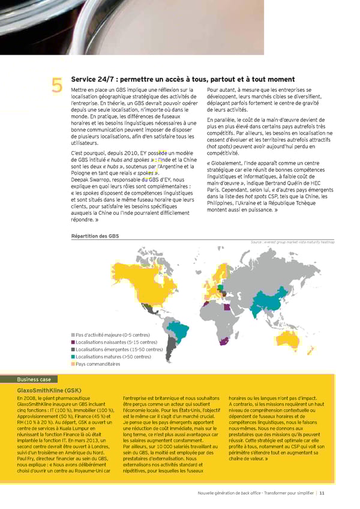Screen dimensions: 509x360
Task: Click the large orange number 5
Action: pos(57,88)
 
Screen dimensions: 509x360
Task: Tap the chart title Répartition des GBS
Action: pos(95,236)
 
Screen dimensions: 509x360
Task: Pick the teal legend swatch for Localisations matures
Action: pos(73,357)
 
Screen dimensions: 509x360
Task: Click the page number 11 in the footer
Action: pos(322,493)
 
